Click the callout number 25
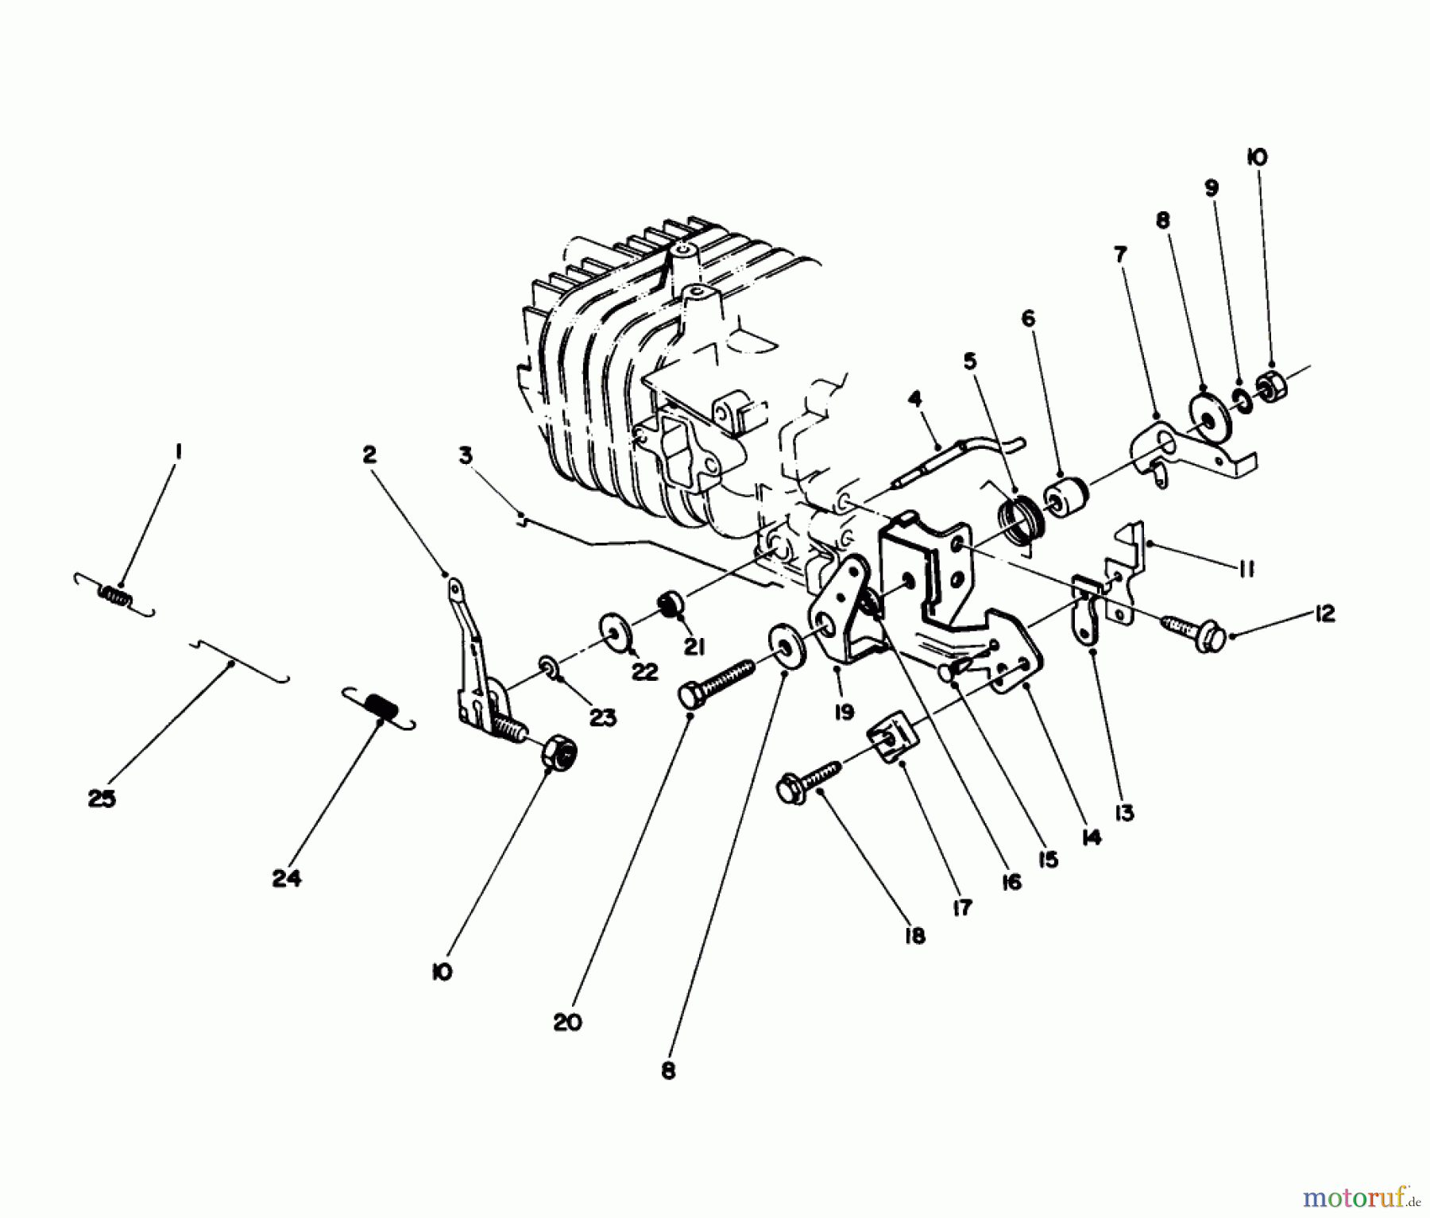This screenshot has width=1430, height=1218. tap(102, 798)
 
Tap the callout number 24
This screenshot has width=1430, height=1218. tap(287, 879)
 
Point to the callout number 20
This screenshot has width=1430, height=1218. tap(567, 1022)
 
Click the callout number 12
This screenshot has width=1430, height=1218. tap(1324, 614)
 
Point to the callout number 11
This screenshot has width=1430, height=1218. tap(1245, 569)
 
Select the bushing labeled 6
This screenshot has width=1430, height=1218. tap(1065, 497)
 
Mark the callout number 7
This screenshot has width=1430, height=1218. tap(1119, 255)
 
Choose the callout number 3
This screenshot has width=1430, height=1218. tap(466, 455)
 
